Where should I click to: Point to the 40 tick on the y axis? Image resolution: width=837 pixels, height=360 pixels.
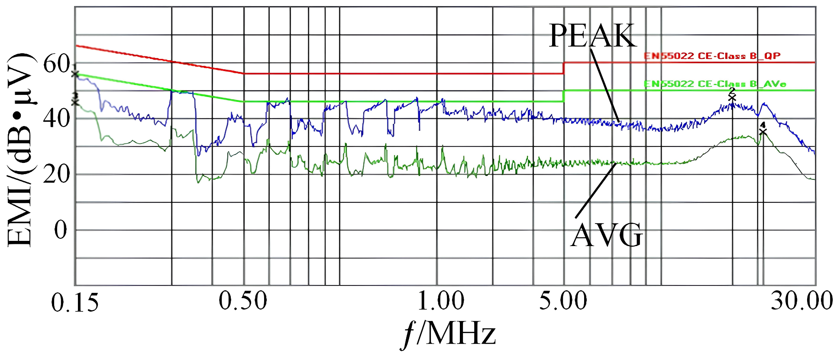(x=57, y=118)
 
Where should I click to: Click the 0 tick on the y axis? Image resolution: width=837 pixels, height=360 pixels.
(x=61, y=230)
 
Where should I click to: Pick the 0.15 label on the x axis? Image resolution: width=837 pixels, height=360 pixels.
(x=74, y=302)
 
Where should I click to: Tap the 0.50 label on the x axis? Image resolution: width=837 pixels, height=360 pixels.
(x=242, y=300)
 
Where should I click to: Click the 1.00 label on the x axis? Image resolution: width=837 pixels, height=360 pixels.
(x=440, y=300)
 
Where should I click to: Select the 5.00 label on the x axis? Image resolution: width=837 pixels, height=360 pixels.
(x=563, y=300)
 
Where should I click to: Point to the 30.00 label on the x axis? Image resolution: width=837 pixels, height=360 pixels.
(x=801, y=300)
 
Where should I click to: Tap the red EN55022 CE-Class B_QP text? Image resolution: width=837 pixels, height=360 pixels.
(x=712, y=56)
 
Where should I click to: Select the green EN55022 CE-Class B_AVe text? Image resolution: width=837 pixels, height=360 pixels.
(x=714, y=84)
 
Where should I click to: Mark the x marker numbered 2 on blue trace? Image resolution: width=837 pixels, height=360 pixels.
(x=732, y=97)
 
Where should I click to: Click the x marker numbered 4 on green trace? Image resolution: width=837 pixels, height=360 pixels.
(x=763, y=131)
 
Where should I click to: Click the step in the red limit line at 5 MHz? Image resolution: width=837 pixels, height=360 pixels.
(x=563, y=68)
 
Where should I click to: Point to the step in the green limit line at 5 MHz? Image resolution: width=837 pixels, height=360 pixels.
(x=563, y=96)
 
